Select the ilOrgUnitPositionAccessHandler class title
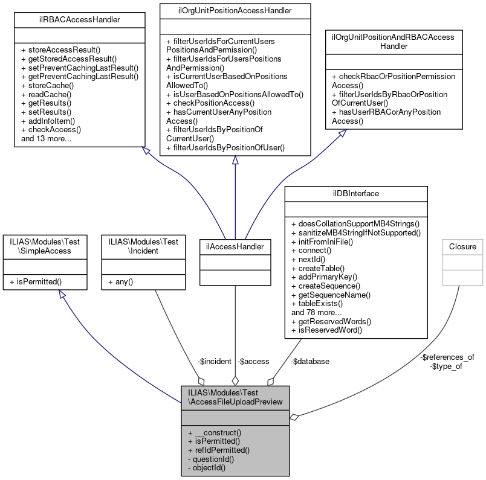point(235,10)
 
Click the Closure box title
point(462,246)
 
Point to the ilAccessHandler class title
point(235,246)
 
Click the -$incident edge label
point(215,361)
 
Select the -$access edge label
point(253,361)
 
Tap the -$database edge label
point(310,361)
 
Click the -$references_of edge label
point(447,357)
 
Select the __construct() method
point(215,432)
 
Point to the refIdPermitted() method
point(219,450)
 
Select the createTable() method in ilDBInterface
point(317,267)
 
